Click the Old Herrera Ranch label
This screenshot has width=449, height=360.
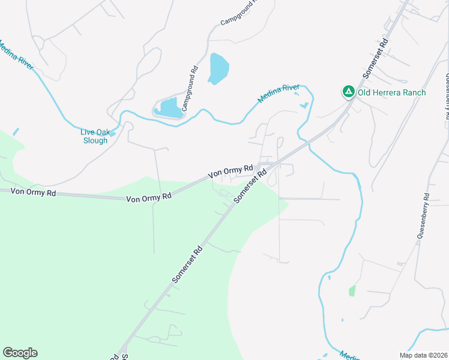(x=391, y=92)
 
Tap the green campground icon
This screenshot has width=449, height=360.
(x=348, y=92)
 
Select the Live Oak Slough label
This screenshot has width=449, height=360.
(x=95, y=136)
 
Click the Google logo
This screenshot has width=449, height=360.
(x=20, y=353)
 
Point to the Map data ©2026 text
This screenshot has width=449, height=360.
(x=423, y=355)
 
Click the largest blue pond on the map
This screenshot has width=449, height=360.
(x=218, y=69)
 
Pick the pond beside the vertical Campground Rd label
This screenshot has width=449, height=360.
(x=168, y=108)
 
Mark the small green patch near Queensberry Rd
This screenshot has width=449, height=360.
(x=352, y=291)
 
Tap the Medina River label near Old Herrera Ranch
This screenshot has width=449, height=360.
(x=278, y=93)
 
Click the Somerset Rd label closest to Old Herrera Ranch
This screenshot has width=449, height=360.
(x=376, y=60)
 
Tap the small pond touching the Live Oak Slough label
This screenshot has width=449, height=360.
(x=112, y=133)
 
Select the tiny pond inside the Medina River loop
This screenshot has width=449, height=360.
(x=304, y=106)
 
